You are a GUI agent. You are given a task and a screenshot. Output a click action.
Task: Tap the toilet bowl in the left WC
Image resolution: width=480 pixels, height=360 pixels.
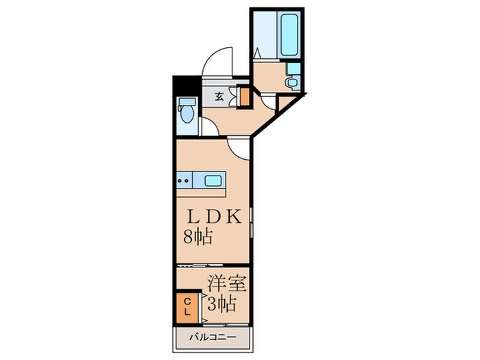185,111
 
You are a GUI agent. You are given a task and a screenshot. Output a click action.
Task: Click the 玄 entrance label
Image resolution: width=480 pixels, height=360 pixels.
219,97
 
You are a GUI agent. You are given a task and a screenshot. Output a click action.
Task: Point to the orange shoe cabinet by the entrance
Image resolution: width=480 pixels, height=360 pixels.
243,96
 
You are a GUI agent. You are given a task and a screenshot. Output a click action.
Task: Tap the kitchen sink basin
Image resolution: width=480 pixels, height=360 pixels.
213,182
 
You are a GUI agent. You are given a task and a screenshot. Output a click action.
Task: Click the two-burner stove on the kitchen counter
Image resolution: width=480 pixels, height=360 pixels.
183,182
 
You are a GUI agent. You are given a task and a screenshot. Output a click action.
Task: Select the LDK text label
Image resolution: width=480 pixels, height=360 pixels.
214,217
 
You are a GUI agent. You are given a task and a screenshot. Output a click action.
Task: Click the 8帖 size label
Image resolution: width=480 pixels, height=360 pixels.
197,238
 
